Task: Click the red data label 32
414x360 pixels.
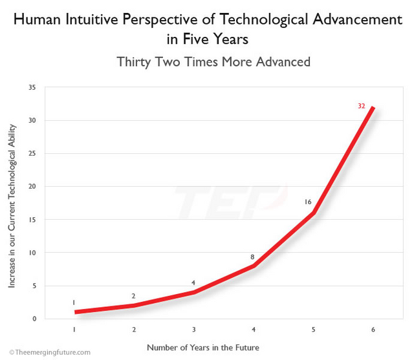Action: pyautogui.click(x=362, y=105)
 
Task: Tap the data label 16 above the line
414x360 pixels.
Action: pyautogui.click(x=308, y=202)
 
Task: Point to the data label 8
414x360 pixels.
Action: pyautogui.click(x=253, y=257)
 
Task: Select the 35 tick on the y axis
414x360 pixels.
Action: pyautogui.click(x=32, y=87)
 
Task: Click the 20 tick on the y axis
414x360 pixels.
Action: pyautogui.click(x=32, y=187)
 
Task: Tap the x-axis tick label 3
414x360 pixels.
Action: pyautogui.click(x=193, y=330)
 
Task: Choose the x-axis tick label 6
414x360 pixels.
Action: pyautogui.click(x=373, y=330)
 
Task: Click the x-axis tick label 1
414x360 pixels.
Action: pyautogui.click(x=74, y=330)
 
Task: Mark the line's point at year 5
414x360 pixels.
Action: pyautogui.click(x=314, y=213)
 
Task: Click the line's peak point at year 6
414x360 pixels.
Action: pyautogui.click(x=373, y=107)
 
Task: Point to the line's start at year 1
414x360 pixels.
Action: pyautogui.click(x=75, y=312)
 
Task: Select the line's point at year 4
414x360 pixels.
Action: pyautogui.click(x=254, y=266)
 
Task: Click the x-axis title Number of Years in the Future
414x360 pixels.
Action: pyautogui.click(x=202, y=347)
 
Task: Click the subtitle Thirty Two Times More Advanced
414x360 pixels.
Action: pyautogui.click(x=213, y=62)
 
